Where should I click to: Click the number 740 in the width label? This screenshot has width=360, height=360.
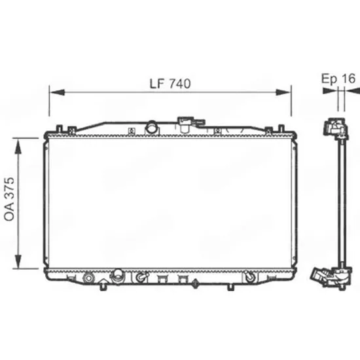pyautogui.click(x=180, y=84)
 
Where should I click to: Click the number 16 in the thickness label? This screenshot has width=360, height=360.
pyautogui.click(x=348, y=79)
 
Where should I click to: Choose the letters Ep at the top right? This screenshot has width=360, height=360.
pyautogui.click(x=329, y=79)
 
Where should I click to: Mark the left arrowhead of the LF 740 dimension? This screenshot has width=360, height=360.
pyautogui.click(x=57, y=92)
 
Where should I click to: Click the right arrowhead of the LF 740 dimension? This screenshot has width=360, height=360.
pyautogui.click(x=283, y=92)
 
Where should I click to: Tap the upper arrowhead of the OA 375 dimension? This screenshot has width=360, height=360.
pyautogui.click(x=18, y=146)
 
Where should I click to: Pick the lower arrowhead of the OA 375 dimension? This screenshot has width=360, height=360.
pyautogui.click(x=18, y=261)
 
